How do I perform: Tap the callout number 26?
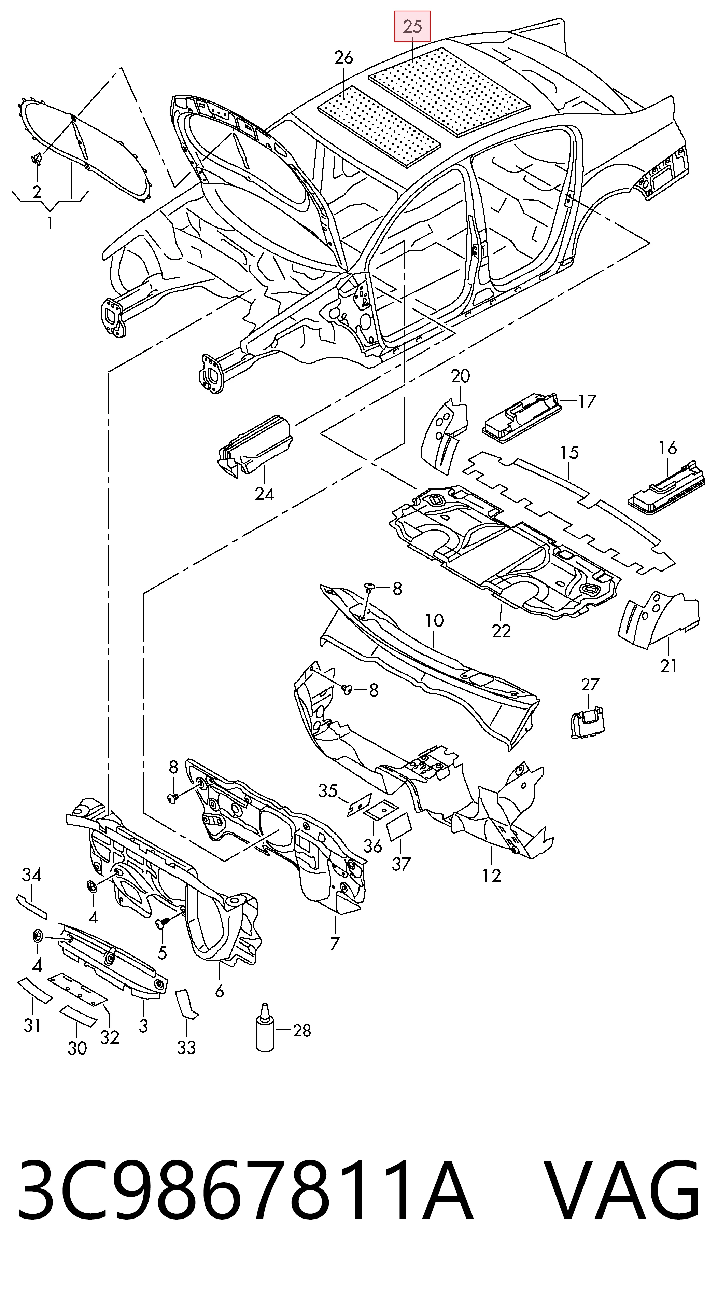[344, 58]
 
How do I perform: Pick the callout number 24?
[265, 494]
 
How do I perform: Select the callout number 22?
[501, 631]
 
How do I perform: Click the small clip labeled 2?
[37, 159]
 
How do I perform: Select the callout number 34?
[31, 875]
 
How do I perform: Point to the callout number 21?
[668, 666]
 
